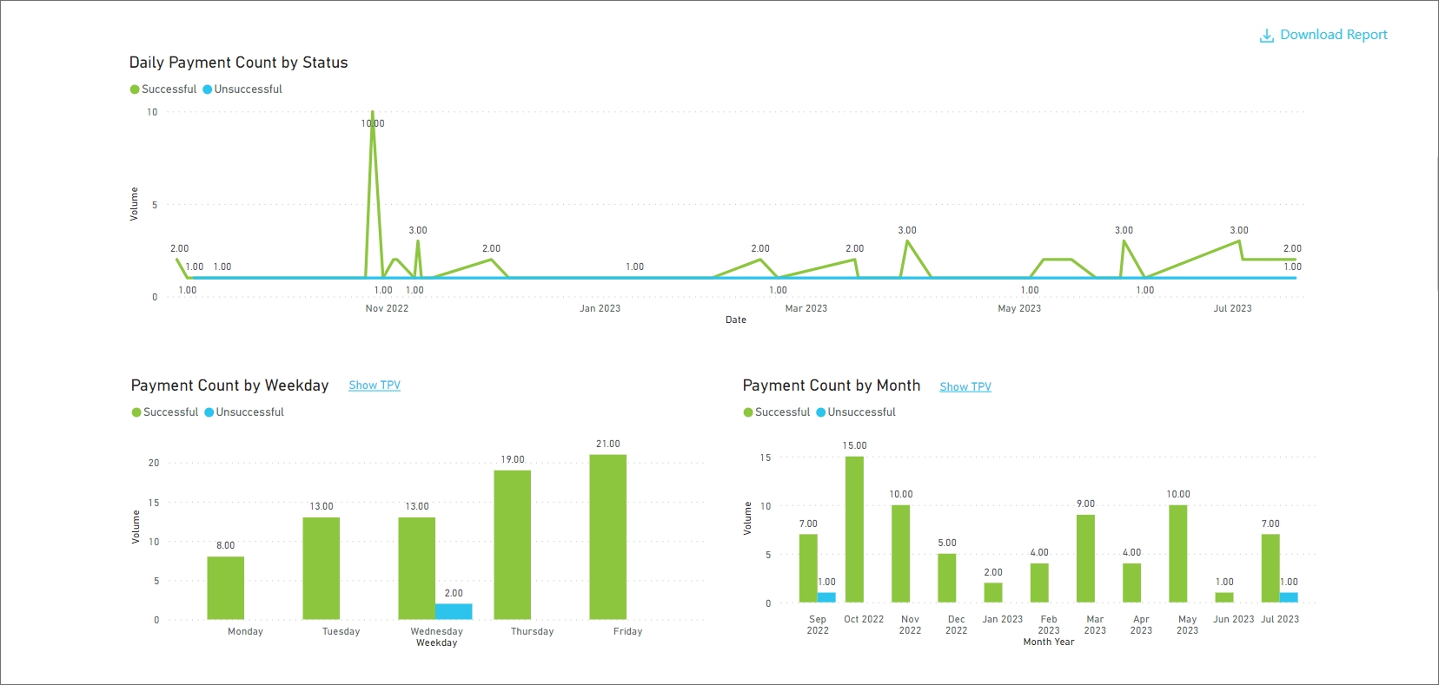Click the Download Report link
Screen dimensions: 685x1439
(1323, 35)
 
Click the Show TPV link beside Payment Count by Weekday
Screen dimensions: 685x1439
(375, 385)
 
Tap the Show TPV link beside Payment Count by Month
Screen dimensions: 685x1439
(965, 387)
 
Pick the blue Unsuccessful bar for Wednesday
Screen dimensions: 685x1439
(454, 611)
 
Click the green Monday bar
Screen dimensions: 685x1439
(225, 588)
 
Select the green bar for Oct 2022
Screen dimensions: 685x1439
(854, 530)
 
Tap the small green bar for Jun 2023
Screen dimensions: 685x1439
(1223, 597)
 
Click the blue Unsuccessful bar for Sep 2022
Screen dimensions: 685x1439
(826, 597)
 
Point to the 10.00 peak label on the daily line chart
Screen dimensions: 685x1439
(373, 123)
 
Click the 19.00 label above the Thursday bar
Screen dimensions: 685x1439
(513, 459)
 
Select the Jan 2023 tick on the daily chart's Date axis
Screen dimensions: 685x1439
(600, 308)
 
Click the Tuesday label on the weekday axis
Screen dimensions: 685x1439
(341, 631)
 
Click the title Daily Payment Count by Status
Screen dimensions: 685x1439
(238, 63)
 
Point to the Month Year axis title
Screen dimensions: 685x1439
(1048, 642)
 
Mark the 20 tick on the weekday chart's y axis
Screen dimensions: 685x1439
(154, 463)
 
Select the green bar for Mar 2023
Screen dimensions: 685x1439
(1085, 558)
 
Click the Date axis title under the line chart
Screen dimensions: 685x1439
(735, 319)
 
